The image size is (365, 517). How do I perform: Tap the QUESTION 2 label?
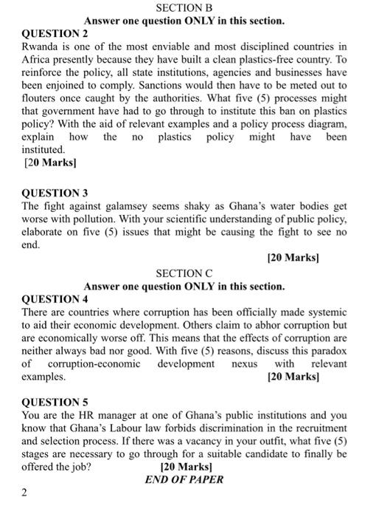pyautogui.click(x=55, y=34)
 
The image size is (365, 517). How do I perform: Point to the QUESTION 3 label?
pyautogui.click(x=55, y=193)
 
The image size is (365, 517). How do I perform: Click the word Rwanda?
pyautogui.click(x=43, y=47)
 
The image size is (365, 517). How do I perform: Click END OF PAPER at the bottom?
pyautogui.click(x=184, y=479)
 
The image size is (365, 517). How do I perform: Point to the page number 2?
pyautogui.click(x=24, y=492)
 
